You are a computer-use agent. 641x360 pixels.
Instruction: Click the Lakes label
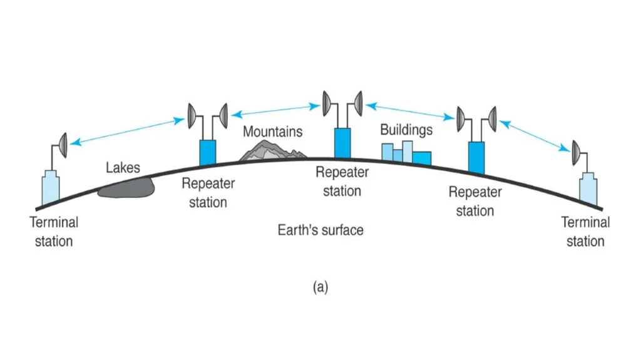coord(123,167)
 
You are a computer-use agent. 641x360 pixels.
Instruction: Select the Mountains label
coord(273,131)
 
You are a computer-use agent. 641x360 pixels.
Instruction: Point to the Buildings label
coord(406,130)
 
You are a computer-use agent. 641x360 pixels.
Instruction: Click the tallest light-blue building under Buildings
coord(407,152)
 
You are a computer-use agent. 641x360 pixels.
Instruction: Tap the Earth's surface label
coord(320,230)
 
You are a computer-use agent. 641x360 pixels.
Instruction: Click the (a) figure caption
coord(320,287)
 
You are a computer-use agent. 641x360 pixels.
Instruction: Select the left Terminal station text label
coord(54,232)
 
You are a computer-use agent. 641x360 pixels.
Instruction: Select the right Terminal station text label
coord(585,232)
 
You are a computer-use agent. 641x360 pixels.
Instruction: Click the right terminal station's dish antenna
coord(576,153)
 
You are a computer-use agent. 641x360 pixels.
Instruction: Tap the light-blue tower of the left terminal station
coord(51,187)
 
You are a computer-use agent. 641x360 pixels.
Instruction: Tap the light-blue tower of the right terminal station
coord(588,188)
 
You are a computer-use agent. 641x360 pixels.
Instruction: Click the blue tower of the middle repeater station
coord(342,143)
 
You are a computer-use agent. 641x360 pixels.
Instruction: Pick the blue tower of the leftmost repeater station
coord(208,153)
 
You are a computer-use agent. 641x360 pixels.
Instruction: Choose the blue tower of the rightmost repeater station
coord(476,158)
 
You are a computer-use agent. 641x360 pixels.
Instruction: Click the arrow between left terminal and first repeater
coord(127,131)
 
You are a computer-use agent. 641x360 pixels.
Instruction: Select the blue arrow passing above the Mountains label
coord(275,110)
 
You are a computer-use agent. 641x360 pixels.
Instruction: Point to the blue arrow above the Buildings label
coord(410,111)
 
